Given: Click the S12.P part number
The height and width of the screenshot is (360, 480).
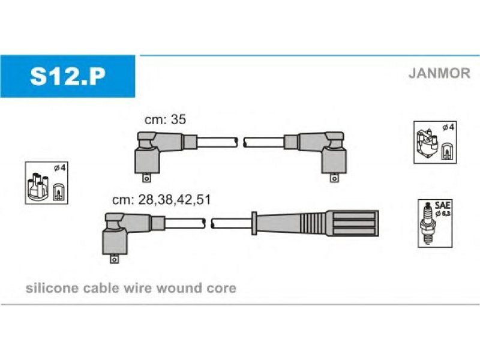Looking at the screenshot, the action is pos(68,76).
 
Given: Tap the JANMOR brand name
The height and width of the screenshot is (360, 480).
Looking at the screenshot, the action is pos(439,73).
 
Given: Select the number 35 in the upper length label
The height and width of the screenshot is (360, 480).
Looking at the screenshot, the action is pos(178,119).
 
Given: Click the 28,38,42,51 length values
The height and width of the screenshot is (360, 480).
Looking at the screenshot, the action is pos(175,200).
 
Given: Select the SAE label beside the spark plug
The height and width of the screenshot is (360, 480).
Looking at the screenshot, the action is pos(442,205).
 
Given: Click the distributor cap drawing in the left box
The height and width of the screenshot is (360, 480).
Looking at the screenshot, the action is pos(38,187).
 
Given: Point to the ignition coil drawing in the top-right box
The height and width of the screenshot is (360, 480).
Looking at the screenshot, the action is pos(427,145).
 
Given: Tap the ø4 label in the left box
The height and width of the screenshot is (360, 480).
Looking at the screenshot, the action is pos(59,168).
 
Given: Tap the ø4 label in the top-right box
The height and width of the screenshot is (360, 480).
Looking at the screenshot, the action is pos(448,127).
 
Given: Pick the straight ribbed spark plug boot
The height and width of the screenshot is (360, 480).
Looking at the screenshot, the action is pos(316,223).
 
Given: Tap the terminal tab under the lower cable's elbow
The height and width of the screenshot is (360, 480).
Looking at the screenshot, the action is pos(114,259).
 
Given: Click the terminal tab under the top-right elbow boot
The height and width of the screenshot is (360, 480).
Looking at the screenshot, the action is pos(334,178).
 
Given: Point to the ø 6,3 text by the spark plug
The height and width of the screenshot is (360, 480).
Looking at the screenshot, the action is pos(443,214).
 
